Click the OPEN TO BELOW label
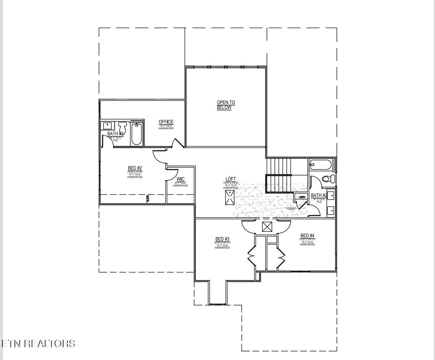(x=226, y=105)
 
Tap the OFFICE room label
(x=166, y=122)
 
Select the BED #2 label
(x=135, y=168)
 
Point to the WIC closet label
(x=180, y=180)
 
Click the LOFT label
(x=231, y=179)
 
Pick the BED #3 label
(x=222, y=239)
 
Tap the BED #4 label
(x=307, y=236)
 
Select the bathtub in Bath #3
(x=137, y=134)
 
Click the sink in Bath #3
(x=108, y=126)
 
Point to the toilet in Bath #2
(x=328, y=179)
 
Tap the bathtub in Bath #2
(x=321, y=165)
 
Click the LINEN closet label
(x=302, y=197)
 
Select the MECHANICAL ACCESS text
(x=291, y=208)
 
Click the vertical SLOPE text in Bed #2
(x=148, y=199)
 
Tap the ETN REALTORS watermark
(x=38, y=344)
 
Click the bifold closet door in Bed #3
(x=251, y=255)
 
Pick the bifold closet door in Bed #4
(x=281, y=255)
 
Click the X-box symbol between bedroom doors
(x=267, y=227)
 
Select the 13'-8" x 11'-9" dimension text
(x=135, y=172)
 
